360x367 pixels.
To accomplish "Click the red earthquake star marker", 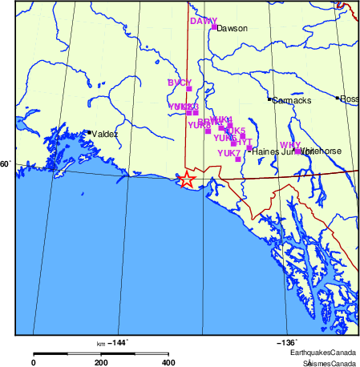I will [x=186, y=179].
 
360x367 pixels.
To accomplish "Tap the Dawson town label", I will [x=233, y=28].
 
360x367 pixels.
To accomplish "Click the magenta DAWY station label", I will [x=203, y=21].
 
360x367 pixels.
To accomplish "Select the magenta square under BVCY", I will [x=189, y=89].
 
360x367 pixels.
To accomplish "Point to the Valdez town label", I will [x=105, y=134].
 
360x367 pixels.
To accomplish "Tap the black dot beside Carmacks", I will [x=269, y=99].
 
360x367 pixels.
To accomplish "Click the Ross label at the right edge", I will [x=350, y=99].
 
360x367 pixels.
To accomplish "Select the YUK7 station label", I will [x=229, y=152].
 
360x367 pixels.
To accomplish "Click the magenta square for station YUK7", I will [x=238, y=159].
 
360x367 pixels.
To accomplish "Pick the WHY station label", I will [x=289, y=145].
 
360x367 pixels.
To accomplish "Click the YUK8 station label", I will [x=199, y=125].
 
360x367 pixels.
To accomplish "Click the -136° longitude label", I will [x=287, y=342].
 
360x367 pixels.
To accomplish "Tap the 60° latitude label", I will [x=5, y=164].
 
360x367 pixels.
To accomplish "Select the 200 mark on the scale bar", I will [x=101, y=362].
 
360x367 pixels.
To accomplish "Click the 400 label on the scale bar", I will [x=168, y=362].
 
